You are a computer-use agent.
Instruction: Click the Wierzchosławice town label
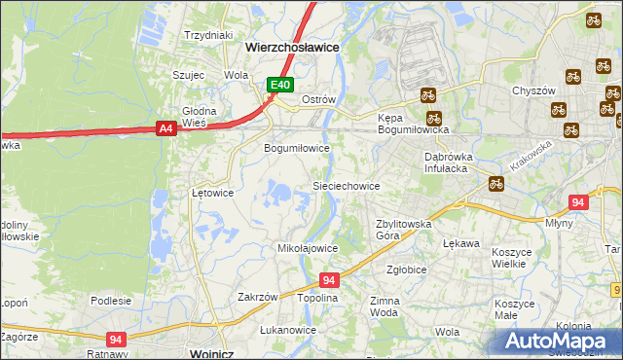(292, 46)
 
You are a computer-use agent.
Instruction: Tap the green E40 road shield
(280, 86)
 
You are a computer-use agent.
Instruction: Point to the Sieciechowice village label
(346, 185)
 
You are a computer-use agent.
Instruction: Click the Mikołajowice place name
(308, 248)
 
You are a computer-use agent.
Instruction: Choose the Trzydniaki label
(209, 35)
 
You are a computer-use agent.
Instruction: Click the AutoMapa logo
(560, 342)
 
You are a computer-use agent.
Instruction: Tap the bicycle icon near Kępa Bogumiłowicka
(427, 95)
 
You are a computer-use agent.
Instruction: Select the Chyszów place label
(533, 90)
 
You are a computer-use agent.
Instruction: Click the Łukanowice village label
(289, 330)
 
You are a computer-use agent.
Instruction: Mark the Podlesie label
(111, 301)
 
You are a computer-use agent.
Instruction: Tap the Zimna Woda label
(385, 307)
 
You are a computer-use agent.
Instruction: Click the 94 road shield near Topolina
(329, 280)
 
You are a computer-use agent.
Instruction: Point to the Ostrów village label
(318, 100)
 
